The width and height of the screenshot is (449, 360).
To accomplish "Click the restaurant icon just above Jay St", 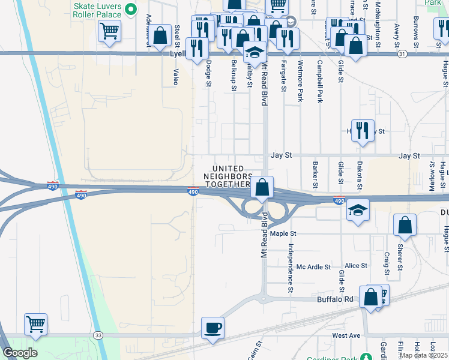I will coord(362,130).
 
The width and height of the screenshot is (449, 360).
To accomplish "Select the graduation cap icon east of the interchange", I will coord(358,210).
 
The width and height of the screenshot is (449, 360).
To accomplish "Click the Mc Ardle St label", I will coord(314,266).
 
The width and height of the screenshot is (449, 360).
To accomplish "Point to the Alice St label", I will coord(356,266).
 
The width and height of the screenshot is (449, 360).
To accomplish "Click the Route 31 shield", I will coord(402,54).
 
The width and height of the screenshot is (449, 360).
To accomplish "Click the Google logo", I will coord(20,353).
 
